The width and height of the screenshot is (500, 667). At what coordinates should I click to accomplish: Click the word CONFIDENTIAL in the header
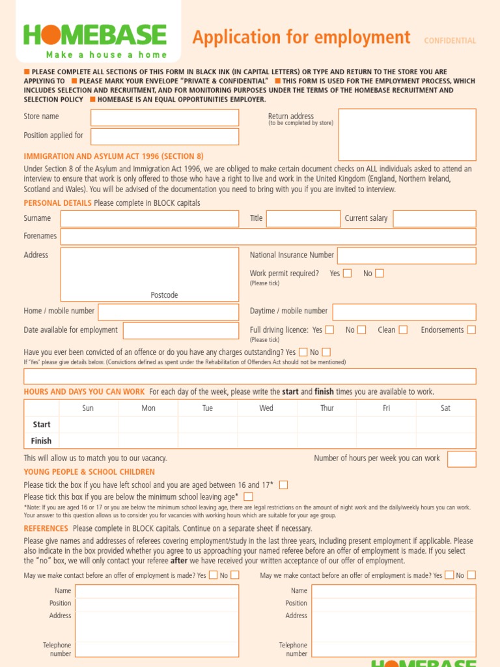click(x=450, y=40)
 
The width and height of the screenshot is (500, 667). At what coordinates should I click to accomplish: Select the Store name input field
click(x=164, y=117)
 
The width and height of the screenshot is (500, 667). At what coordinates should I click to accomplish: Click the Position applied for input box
click(x=164, y=136)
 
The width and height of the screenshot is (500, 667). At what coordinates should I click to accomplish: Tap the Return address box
click(x=408, y=134)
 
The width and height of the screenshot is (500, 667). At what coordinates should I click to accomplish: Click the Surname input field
click(x=149, y=219)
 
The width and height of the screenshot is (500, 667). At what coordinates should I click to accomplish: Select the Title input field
click(x=303, y=219)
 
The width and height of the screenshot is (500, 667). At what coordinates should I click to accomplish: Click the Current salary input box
click(x=434, y=219)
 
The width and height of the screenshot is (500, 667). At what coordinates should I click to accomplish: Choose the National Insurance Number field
click(x=406, y=255)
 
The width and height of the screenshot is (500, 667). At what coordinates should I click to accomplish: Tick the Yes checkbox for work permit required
click(x=348, y=274)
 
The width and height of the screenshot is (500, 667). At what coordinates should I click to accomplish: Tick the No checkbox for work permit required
click(x=380, y=274)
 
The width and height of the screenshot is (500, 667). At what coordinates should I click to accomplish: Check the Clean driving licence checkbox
click(x=403, y=330)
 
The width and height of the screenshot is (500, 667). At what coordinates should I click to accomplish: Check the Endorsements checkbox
click(x=471, y=330)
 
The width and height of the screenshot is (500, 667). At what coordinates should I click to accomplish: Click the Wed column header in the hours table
click(x=266, y=408)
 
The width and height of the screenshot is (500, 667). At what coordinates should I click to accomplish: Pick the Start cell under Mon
click(x=148, y=425)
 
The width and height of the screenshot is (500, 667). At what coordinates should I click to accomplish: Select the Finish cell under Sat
click(x=445, y=441)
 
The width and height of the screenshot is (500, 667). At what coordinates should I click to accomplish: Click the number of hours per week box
click(x=462, y=459)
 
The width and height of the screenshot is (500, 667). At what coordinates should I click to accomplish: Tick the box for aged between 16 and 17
click(x=283, y=485)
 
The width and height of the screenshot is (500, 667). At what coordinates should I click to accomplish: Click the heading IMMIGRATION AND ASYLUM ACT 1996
click(x=113, y=156)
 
